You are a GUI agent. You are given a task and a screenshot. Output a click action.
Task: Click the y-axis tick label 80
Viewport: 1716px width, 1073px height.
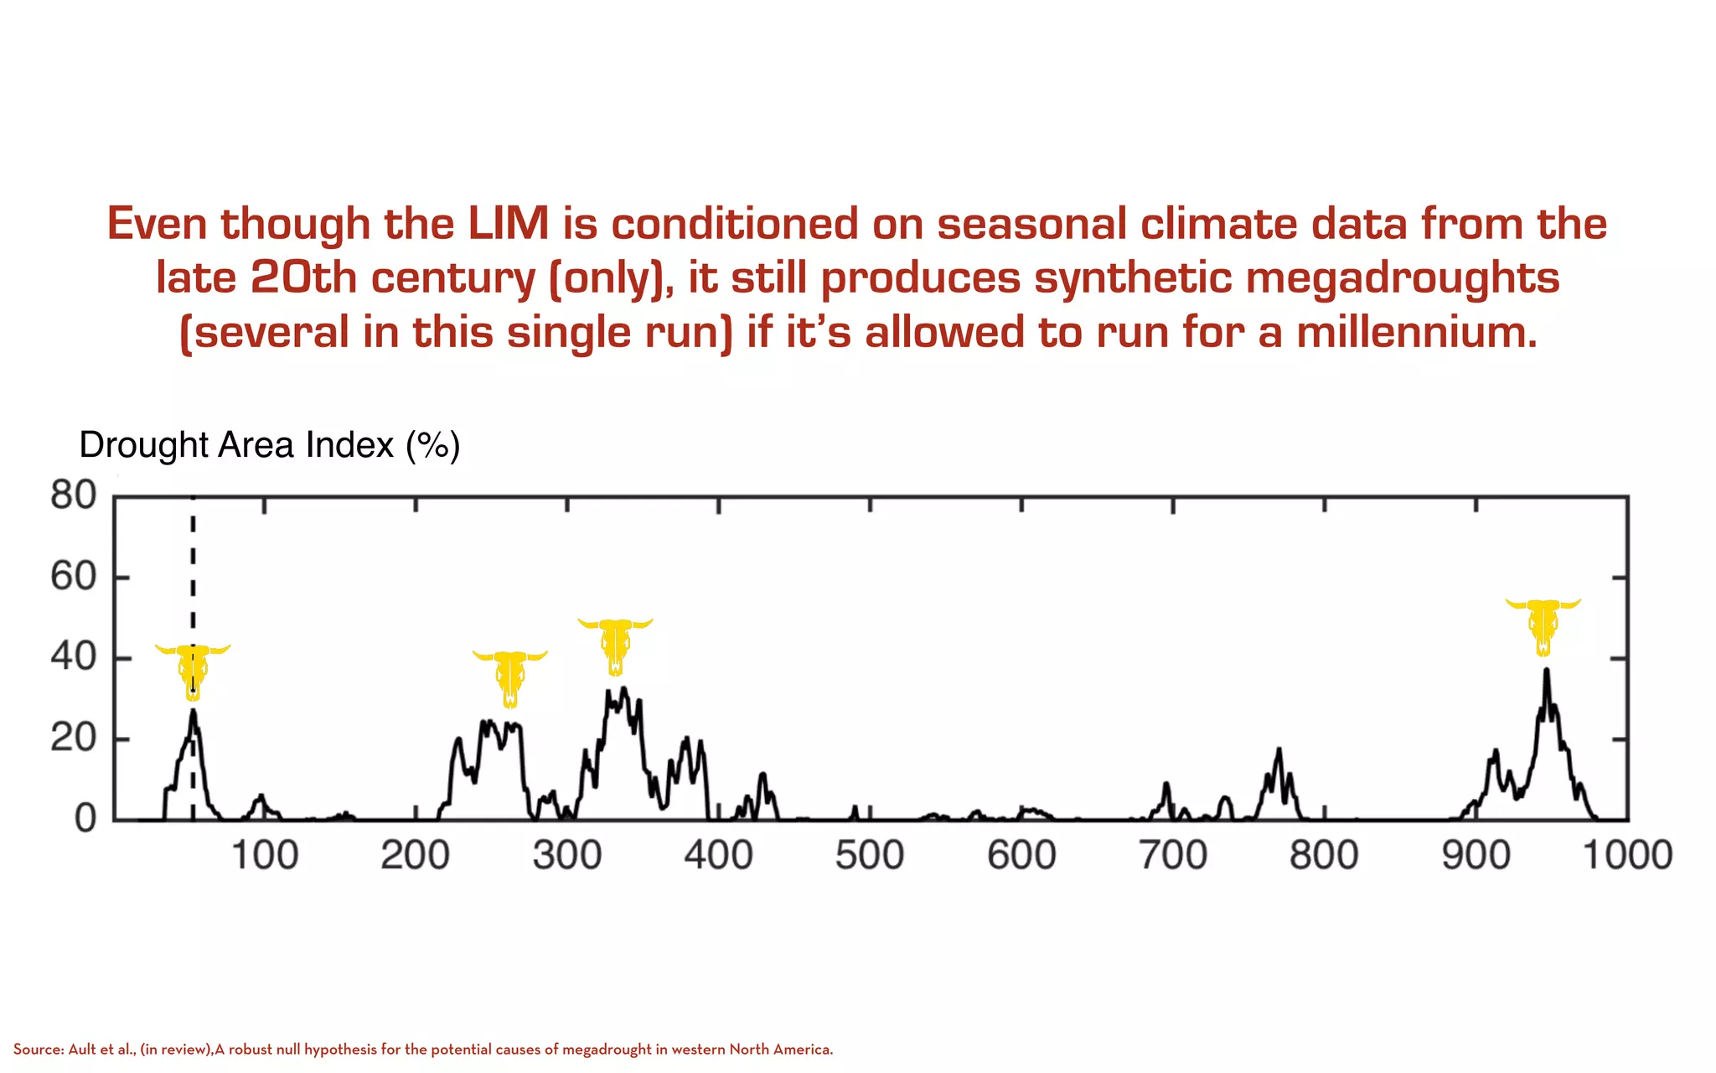[x=74, y=495]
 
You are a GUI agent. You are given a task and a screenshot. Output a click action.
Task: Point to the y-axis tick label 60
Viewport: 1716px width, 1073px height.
[x=74, y=577]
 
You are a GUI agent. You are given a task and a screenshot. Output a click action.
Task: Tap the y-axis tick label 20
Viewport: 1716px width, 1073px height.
[x=74, y=739]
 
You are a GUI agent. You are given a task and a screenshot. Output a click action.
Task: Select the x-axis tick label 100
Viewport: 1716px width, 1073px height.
[x=264, y=856]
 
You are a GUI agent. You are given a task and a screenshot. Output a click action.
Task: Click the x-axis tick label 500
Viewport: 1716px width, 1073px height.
[x=870, y=856]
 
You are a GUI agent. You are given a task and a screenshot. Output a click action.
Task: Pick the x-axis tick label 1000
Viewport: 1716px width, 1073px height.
[x=1627, y=856]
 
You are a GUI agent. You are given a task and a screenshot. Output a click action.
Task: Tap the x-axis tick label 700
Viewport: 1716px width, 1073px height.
[x=1173, y=856]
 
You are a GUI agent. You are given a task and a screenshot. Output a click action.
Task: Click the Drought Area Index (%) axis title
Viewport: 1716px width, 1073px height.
[x=269, y=445]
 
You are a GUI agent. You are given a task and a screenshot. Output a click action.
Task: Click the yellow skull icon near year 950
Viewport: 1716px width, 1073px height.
[x=1543, y=625]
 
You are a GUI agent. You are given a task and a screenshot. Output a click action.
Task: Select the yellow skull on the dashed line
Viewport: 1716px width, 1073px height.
[x=193, y=671]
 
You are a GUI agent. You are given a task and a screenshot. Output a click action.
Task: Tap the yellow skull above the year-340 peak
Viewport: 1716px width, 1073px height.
[x=615, y=645]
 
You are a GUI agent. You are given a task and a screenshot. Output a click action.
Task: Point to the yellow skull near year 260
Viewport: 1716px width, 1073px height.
[x=509, y=677]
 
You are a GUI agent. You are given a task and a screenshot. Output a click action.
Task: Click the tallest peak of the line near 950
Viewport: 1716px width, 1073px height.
[x=1546, y=670]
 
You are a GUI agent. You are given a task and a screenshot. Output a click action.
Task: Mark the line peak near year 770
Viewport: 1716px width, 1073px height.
[x=1279, y=749]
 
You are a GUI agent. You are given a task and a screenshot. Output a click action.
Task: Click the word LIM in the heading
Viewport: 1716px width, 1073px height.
[x=508, y=224]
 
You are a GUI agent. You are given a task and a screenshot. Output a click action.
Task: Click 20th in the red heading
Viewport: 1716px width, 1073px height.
[x=303, y=277]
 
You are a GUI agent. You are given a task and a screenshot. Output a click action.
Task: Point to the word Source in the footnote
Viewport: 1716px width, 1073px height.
[x=37, y=1050]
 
